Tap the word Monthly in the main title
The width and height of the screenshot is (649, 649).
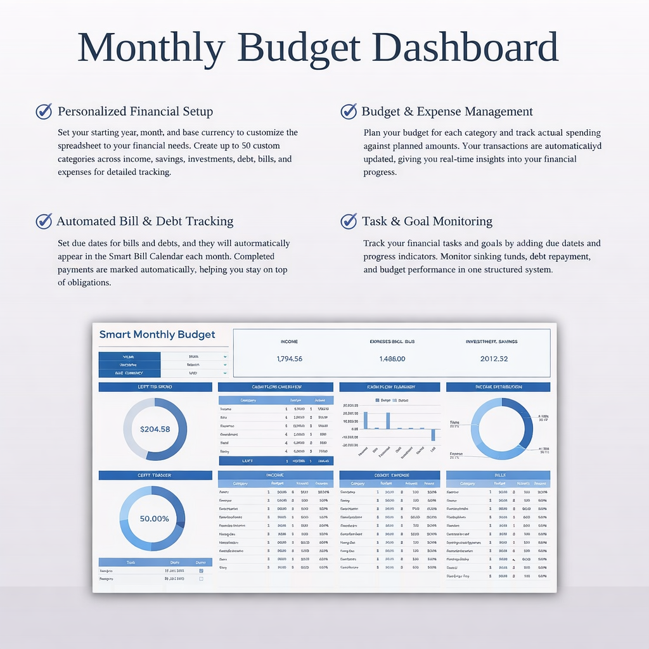pyautogui.click(x=151, y=47)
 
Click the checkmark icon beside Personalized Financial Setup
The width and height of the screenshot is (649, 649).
pyautogui.click(x=44, y=112)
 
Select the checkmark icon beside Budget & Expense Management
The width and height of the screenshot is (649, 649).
pyautogui.click(x=349, y=112)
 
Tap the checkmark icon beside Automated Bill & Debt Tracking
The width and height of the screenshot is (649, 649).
pyautogui.click(x=44, y=221)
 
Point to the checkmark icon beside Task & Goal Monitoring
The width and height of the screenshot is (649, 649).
pyautogui.click(x=349, y=221)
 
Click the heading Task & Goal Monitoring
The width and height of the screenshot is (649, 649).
pyautogui.click(x=427, y=221)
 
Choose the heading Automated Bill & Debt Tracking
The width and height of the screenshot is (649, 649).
pyautogui.click(x=145, y=221)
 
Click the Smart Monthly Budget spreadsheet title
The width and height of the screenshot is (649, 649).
pyautogui.click(x=157, y=335)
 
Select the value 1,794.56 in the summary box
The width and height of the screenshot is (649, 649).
pyautogui.click(x=290, y=359)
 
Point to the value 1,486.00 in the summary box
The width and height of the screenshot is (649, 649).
pyautogui.click(x=392, y=359)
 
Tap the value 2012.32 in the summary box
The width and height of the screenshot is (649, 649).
pyautogui.click(x=494, y=359)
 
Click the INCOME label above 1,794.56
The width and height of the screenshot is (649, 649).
pyautogui.click(x=289, y=342)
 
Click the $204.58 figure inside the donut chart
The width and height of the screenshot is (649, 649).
pyautogui.click(x=155, y=429)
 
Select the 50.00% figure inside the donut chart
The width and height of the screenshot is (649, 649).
pyautogui.click(x=154, y=518)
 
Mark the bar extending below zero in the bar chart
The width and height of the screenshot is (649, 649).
pyautogui.click(x=434, y=435)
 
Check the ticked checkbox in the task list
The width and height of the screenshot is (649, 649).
pyautogui.click(x=202, y=570)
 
